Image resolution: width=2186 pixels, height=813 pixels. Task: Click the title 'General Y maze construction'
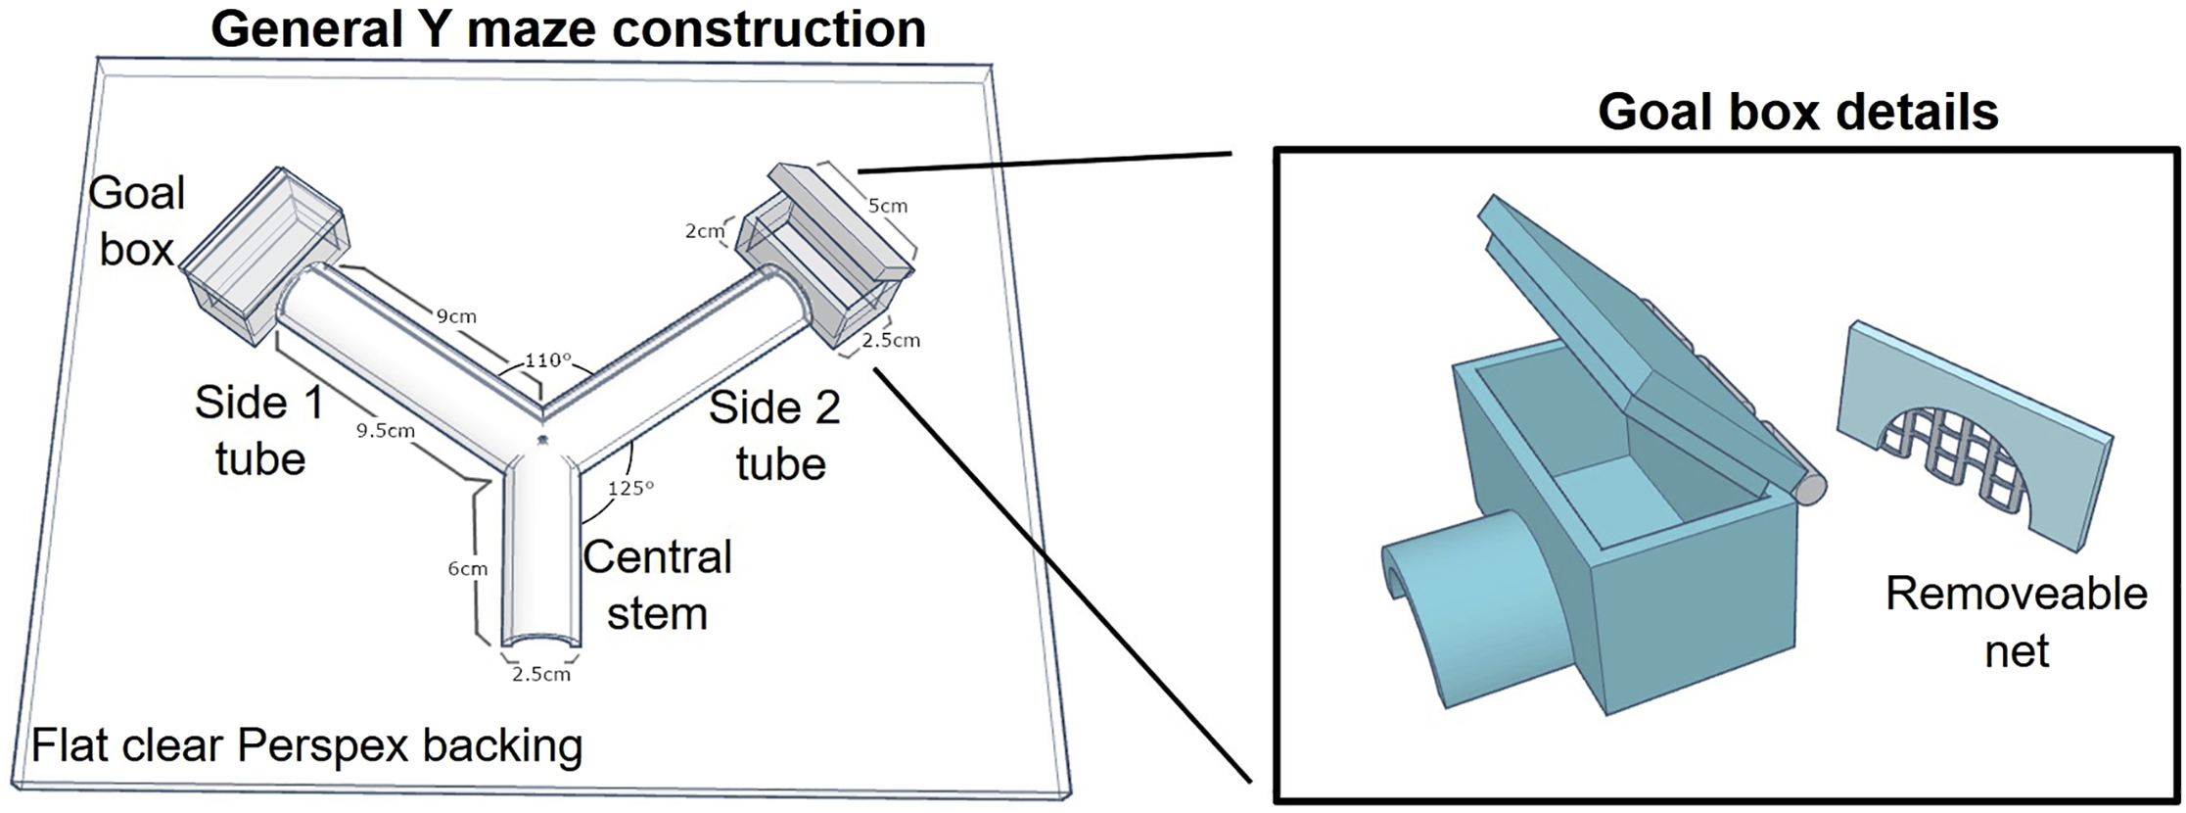[x=568, y=28]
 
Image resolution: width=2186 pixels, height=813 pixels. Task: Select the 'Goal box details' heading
[x=1797, y=113]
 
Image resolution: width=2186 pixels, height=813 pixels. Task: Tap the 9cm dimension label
[x=456, y=315]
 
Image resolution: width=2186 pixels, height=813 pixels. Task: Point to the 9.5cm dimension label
[x=385, y=430]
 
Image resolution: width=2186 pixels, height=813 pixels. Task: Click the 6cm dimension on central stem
[x=467, y=568]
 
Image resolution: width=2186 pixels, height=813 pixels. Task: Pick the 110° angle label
[x=546, y=359]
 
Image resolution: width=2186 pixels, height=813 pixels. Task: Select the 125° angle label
[x=629, y=487]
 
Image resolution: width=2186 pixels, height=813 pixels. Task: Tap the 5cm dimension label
[x=887, y=206]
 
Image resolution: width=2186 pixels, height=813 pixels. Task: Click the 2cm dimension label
[x=705, y=231]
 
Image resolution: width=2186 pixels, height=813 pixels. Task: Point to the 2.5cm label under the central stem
[x=540, y=674]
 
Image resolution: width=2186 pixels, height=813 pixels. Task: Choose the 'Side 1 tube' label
[x=259, y=430]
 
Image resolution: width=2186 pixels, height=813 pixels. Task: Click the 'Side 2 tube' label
[x=774, y=435]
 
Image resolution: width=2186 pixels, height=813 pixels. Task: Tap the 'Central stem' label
[x=657, y=585]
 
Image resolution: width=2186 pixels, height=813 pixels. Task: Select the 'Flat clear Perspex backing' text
[x=307, y=746]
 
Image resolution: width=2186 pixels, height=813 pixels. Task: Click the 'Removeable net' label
[x=2016, y=622]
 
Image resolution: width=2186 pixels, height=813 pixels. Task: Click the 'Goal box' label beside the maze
[x=136, y=220]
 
